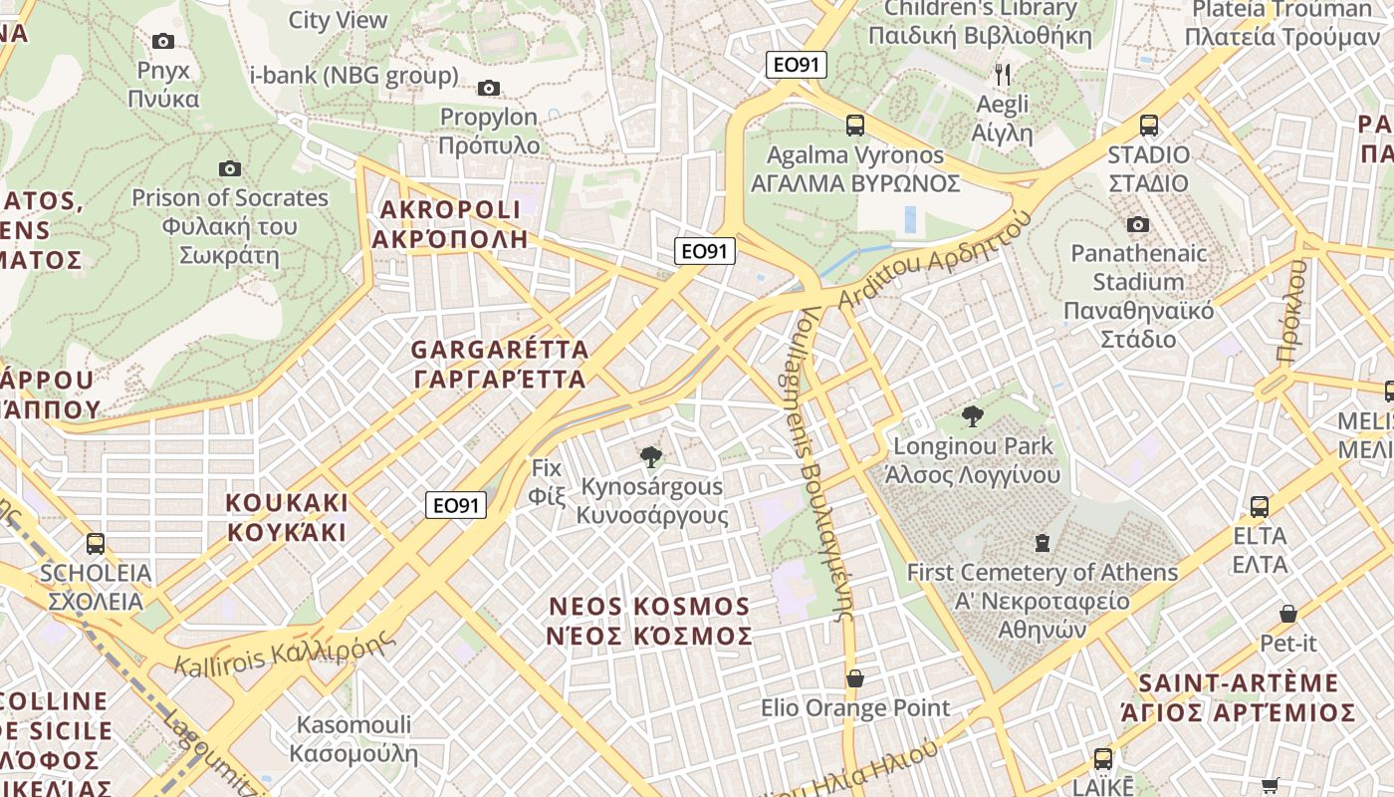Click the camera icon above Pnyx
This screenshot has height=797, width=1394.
pyautogui.click(x=163, y=42)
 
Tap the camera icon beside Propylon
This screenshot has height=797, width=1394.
pyautogui.click(x=488, y=89)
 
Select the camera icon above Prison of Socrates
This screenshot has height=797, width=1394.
pyautogui.click(x=230, y=168)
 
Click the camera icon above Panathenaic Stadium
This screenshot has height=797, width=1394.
pyautogui.click(x=1138, y=224)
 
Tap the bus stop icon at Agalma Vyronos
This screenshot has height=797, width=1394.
pyautogui.click(x=854, y=126)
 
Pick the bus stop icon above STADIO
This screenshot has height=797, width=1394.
pyautogui.click(x=1149, y=126)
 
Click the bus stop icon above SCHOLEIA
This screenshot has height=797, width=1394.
pyautogui.click(x=96, y=544)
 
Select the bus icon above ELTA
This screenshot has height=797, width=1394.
pyautogui.click(x=1260, y=506)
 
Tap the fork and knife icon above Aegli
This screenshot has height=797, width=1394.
pyautogui.click(x=1003, y=74)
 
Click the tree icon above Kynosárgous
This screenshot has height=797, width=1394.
pyautogui.click(x=651, y=457)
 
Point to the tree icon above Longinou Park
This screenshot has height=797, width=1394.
pyautogui.click(x=973, y=415)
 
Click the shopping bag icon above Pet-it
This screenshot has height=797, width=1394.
pyautogui.click(x=1288, y=614)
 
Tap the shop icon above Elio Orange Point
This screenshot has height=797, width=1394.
pyautogui.click(x=854, y=678)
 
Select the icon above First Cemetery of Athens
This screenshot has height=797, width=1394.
pyautogui.click(x=1042, y=543)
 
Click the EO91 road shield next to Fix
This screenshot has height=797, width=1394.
pyautogui.click(x=457, y=505)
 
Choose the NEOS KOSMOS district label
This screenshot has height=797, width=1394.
pyautogui.click(x=650, y=621)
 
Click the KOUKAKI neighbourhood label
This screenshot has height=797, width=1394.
pyautogui.click(x=287, y=516)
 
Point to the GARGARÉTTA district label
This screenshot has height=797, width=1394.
pyautogui.click(x=499, y=365)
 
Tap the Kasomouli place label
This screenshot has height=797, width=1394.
pyautogui.click(x=353, y=738)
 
